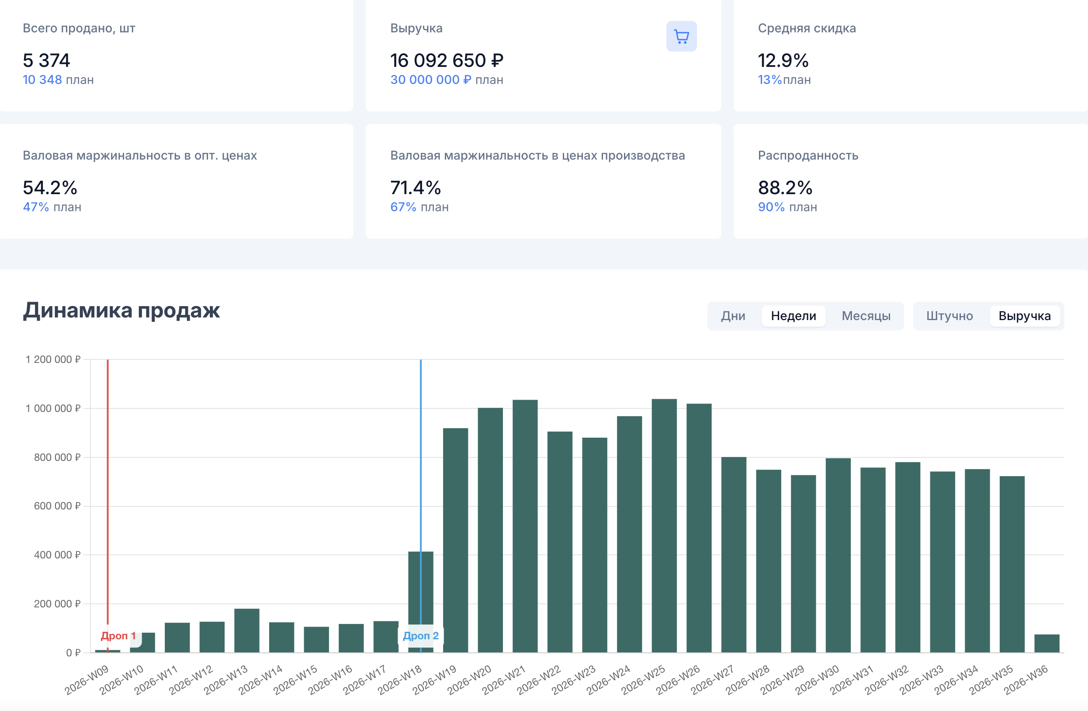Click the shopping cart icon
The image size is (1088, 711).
pos(681,37)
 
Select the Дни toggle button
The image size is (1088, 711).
pos(733,316)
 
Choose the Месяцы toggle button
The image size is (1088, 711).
pos(866,316)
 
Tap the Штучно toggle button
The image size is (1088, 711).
pos(949,316)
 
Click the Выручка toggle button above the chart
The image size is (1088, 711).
pos(1025,316)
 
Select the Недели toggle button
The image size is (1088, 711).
pos(793,316)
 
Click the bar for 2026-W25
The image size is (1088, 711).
pos(664,526)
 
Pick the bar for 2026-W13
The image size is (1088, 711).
pos(247,631)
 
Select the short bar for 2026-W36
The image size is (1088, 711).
pos(1047,643)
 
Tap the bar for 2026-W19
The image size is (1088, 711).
pos(455,540)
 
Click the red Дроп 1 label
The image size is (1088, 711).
pos(118,635)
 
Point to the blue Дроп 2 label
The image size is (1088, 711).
pos(421,635)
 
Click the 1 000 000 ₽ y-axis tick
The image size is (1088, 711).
pos(53,408)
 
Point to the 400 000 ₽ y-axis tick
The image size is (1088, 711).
pos(57,555)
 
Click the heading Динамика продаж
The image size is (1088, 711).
pos(121,310)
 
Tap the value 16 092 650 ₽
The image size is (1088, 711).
pos(447,60)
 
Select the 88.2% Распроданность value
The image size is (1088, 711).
pos(785,188)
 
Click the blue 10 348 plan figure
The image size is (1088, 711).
pos(42,80)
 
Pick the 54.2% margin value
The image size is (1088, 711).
pos(50,188)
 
